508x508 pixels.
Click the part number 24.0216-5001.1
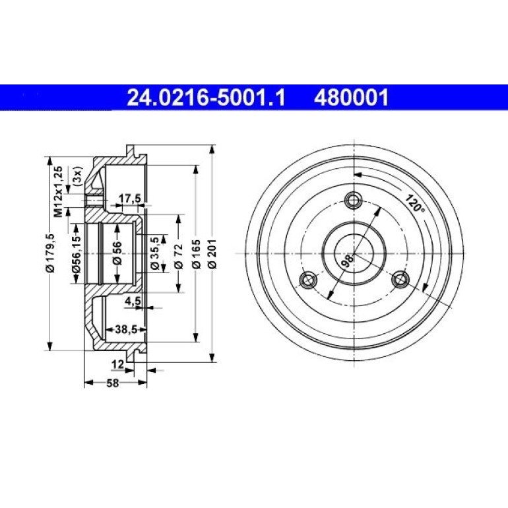pyautogui.click(x=206, y=98)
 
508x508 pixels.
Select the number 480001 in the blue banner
pyautogui.click(x=351, y=98)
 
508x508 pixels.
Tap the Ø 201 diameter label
pyautogui.click(x=212, y=254)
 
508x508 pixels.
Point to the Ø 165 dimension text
pyautogui.click(x=197, y=254)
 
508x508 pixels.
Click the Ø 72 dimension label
pyautogui.click(x=179, y=256)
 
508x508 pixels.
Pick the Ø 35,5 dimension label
pyautogui.click(x=154, y=253)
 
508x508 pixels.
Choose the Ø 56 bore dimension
pyautogui.click(x=117, y=253)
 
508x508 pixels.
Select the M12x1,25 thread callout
pyautogui.click(x=58, y=192)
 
